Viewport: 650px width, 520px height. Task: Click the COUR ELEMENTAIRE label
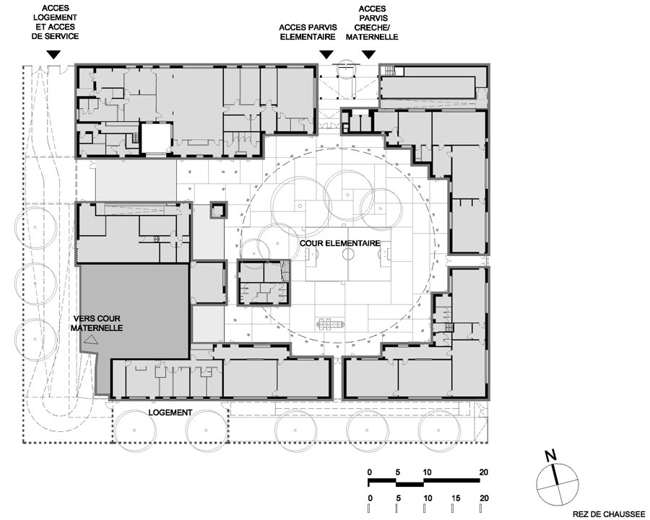pos(340,244)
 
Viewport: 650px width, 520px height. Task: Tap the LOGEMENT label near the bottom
pos(170,413)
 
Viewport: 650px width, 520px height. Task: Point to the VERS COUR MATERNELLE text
pos(97,323)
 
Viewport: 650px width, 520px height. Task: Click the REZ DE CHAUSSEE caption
pos(608,515)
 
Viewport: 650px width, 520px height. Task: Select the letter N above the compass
pos(550,457)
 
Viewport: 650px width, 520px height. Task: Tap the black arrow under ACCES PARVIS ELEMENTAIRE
pos(326,55)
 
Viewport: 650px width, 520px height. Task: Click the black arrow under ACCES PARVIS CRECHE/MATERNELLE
pos(368,55)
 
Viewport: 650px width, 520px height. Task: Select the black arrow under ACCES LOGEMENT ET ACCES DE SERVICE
pos(53,55)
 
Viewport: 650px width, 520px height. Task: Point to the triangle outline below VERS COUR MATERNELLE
pos(91,340)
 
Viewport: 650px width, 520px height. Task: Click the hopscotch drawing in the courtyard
pos(330,323)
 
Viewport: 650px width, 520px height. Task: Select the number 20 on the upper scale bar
pos(483,472)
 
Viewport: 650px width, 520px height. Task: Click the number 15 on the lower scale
pos(456,498)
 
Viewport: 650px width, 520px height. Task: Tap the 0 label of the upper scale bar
pos(370,472)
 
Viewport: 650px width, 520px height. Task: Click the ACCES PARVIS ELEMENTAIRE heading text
pos(308,32)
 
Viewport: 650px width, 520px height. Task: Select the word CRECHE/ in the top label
pos(372,27)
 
